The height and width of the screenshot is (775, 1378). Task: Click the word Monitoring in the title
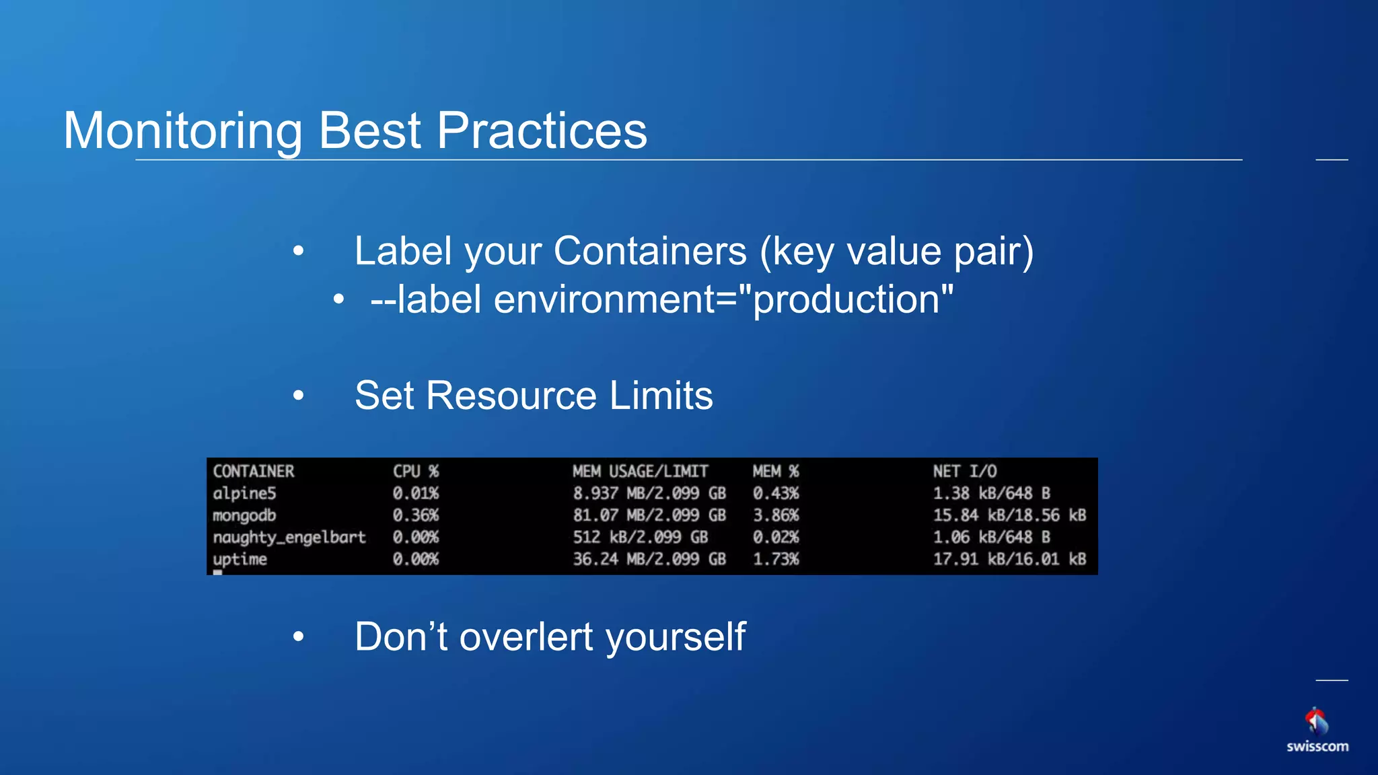pos(183,131)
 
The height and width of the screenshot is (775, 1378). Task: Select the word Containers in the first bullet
pos(650,252)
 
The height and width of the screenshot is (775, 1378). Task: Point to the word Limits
pos(661,396)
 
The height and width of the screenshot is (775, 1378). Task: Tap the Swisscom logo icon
pos(1317,721)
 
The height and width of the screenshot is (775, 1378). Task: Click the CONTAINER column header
pos(254,471)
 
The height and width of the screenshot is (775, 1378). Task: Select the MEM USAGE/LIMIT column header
pos(640,471)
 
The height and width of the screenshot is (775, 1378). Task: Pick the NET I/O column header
pos(964,471)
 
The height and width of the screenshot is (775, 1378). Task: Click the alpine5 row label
pos(244,493)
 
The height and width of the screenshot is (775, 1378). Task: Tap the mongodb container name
pos(244,515)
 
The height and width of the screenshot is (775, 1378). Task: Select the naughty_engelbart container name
pos(289,537)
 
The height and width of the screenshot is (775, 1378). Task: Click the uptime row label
pos(240,559)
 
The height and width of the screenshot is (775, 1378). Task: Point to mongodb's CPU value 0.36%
pos(416,515)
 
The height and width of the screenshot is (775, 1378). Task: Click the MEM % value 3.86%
pos(776,515)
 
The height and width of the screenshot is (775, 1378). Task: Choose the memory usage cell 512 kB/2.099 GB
pos(640,537)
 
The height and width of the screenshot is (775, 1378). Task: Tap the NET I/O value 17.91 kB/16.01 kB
pos(1009,559)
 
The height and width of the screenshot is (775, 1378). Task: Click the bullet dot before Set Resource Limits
pos(299,396)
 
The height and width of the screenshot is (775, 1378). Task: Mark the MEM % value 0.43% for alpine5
pos(776,493)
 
